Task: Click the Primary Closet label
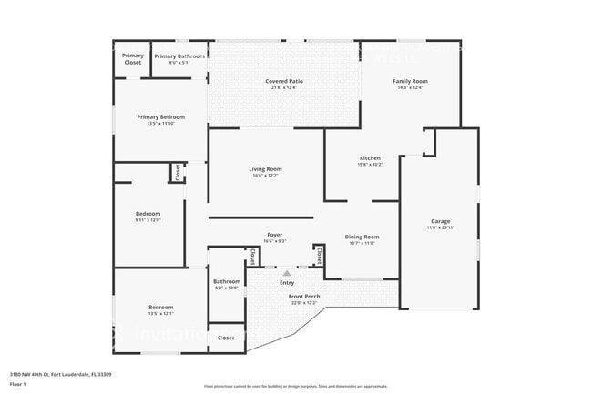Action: pyautogui.click(x=133, y=59)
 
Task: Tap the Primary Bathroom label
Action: pyautogui.click(x=179, y=56)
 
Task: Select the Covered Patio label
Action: pyautogui.click(x=284, y=81)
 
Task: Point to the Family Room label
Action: pyautogui.click(x=410, y=81)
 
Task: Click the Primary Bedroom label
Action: pyautogui.click(x=160, y=116)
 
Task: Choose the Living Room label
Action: pyautogui.click(x=265, y=169)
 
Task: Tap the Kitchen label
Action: pyautogui.click(x=371, y=158)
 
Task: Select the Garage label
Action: pyautogui.click(x=441, y=221)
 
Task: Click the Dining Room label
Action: pyautogui.click(x=362, y=237)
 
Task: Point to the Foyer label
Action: pyautogui.click(x=274, y=235)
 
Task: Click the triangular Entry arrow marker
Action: pyautogui.click(x=287, y=272)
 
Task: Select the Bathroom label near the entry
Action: pyautogui.click(x=227, y=282)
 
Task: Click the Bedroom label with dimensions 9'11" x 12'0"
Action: pyautogui.click(x=148, y=214)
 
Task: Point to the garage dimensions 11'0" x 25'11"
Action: pyautogui.click(x=441, y=227)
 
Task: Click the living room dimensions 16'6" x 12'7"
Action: pyautogui.click(x=265, y=176)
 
